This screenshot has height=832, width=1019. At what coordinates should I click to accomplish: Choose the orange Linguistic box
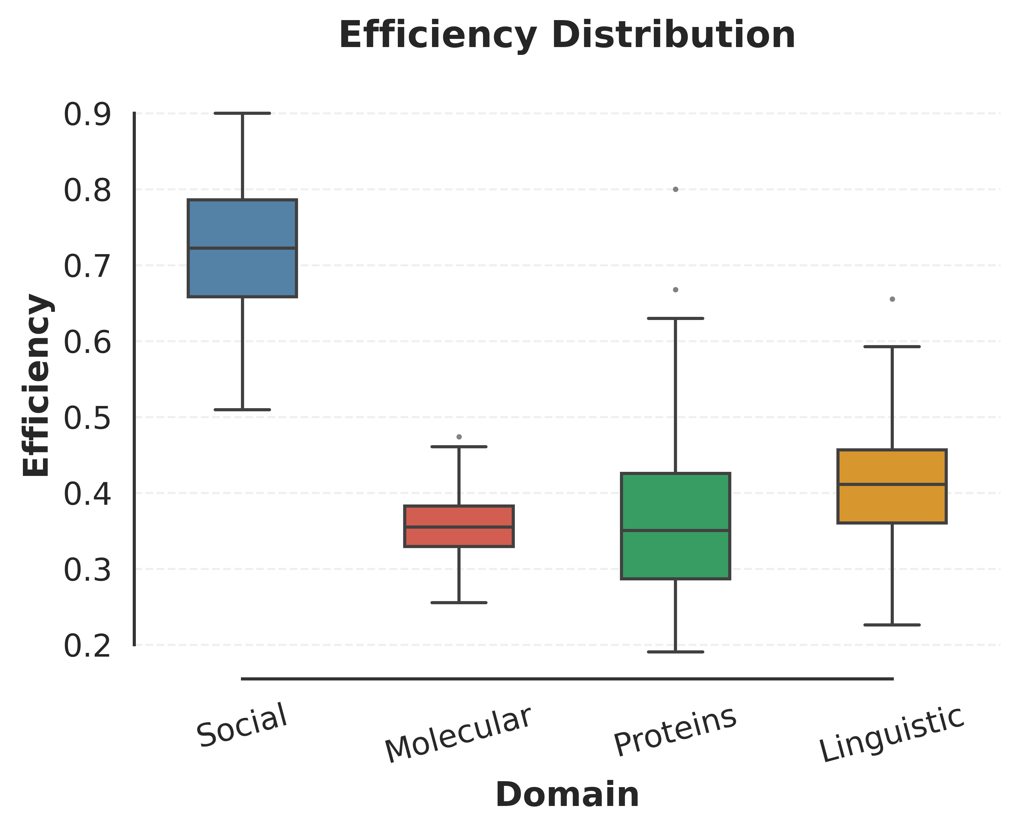coord(892,503)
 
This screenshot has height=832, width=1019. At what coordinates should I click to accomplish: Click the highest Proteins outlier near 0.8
coord(675,189)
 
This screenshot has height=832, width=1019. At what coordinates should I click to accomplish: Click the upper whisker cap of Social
coord(242,113)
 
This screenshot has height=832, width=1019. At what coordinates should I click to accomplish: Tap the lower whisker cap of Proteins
coord(675,652)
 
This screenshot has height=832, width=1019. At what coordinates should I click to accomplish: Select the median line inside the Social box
coord(242,248)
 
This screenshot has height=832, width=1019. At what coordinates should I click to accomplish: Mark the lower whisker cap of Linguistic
coord(892,625)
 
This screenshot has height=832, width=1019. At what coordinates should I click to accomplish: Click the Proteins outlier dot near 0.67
coord(675,290)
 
